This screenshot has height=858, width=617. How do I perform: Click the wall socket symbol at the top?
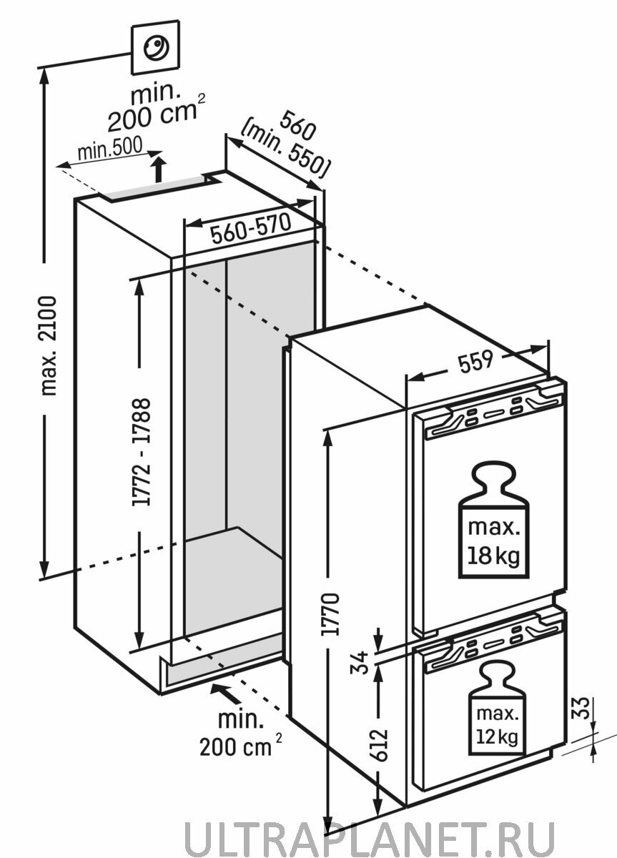[155, 47]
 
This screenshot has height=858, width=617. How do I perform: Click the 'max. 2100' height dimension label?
[49, 345]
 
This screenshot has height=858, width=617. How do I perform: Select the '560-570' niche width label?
[251, 228]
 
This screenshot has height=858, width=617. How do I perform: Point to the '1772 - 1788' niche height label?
[141, 453]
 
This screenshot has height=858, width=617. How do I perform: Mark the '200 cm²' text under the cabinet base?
[240, 744]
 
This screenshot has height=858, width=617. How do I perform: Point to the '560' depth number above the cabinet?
[298, 125]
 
